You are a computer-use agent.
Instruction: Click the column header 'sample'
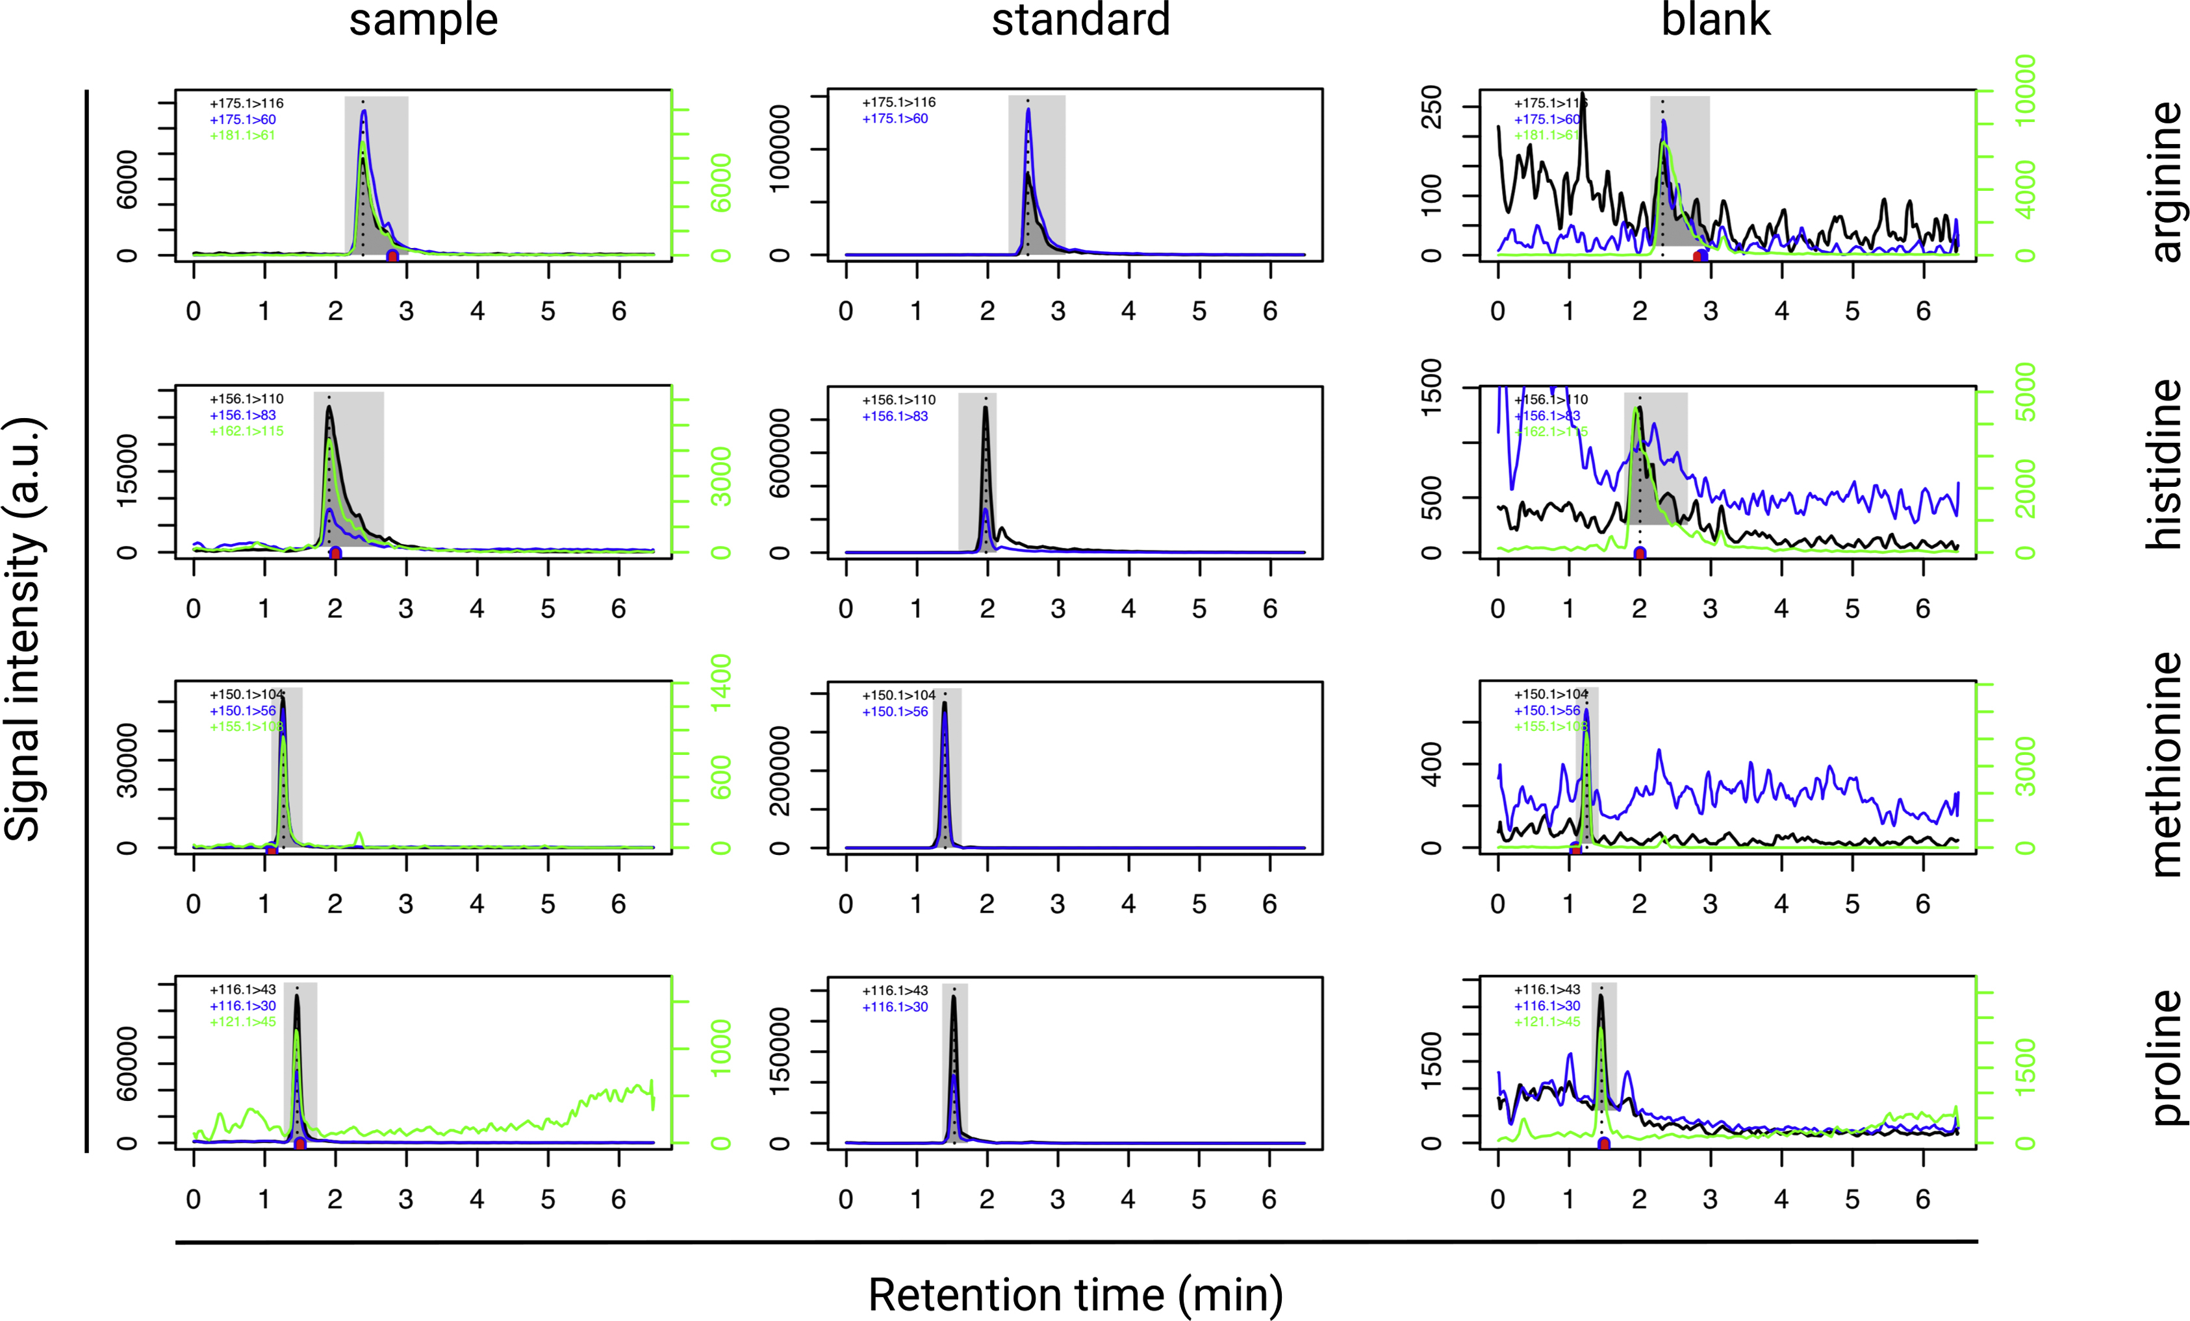pos(423,19)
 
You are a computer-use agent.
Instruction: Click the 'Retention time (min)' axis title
pos(1075,1294)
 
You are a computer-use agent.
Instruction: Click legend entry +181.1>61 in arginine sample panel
pos(242,136)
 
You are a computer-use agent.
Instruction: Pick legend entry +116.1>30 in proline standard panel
pos(895,1007)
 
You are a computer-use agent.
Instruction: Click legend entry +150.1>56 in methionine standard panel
pos(895,711)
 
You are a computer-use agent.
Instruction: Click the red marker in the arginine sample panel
pos(392,256)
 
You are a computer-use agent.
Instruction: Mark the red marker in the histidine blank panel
pos(1640,554)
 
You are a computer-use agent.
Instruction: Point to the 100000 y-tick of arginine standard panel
pos(780,149)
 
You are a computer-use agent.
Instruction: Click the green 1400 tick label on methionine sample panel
pos(721,682)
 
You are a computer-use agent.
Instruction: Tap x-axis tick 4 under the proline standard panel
pos(1128,1200)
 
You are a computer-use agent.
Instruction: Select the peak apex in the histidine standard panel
pos(986,408)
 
